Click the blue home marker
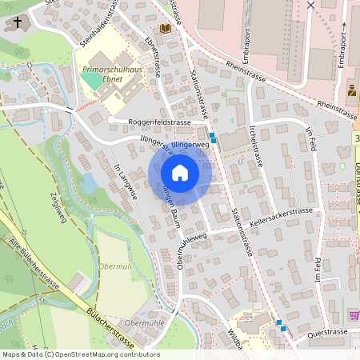(180, 173)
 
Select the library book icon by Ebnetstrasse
(166, 29)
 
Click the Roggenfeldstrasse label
(159, 122)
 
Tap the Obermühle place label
(145, 322)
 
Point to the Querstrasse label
(326, 331)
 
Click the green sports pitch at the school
(94, 79)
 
